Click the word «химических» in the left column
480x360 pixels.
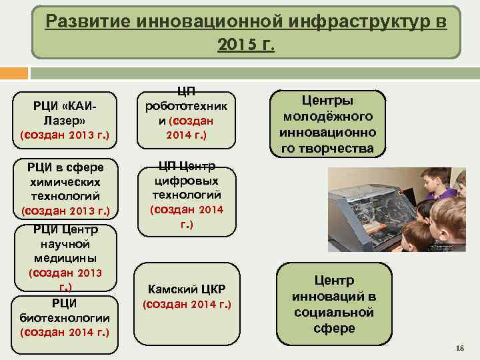65,181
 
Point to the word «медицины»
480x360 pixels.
65,257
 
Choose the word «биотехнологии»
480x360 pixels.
65,317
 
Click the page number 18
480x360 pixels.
459,349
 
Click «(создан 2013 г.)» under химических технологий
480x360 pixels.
65,211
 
